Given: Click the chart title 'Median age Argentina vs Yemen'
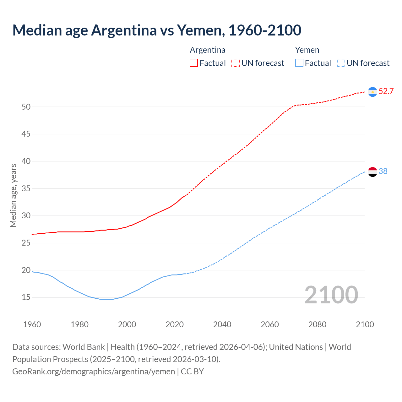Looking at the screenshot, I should pyautogui.click(x=157, y=30).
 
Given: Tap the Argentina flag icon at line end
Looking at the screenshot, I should pyautogui.click(x=372, y=91).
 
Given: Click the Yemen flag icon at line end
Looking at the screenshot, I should pyautogui.click(x=372, y=172).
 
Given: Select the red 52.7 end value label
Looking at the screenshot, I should pyautogui.click(x=386, y=91).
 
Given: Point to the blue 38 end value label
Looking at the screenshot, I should pyautogui.click(x=383, y=171).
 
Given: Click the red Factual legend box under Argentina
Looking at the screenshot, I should pyautogui.click(x=194, y=63).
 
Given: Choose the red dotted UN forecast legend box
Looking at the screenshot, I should pyautogui.click(x=236, y=63).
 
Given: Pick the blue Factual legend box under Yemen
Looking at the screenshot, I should pyautogui.click(x=299, y=63).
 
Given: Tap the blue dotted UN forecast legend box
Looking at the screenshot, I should pyautogui.click(x=341, y=63).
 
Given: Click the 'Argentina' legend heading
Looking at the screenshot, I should pyautogui.click(x=207, y=50).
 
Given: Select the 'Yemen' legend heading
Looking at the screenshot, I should pyautogui.click(x=307, y=50).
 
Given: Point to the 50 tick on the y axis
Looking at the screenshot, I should pyautogui.click(x=26, y=107).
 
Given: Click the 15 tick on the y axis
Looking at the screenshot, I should pyautogui.click(x=26, y=297).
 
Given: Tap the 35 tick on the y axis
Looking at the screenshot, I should pyautogui.click(x=26, y=188).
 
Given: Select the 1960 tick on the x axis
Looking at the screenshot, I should pyautogui.click(x=32, y=324).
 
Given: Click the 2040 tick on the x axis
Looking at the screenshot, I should pyautogui.click(x=222, y=324).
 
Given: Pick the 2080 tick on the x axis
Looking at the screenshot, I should pyautogui.click(x=317, y=324).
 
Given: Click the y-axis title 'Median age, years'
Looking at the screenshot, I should pyautogui.click(x=13, y=195).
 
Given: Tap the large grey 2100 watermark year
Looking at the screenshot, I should pyautogui.click(x=331, y=295).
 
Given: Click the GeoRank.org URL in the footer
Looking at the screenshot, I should pyautogui.click(x=94, y=372).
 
